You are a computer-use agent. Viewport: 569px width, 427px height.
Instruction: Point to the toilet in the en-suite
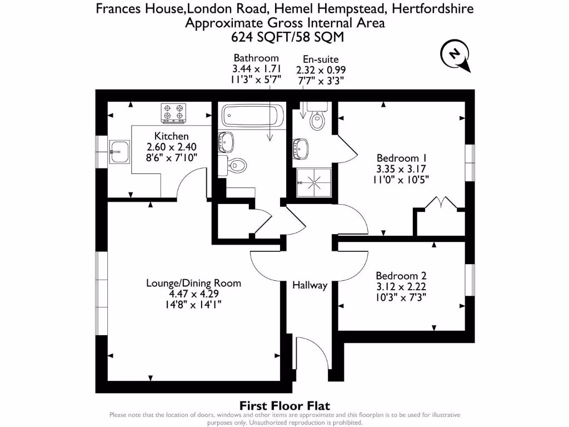click(x=317, y=120)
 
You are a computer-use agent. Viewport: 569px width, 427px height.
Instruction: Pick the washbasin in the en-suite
click(x=302, y=147)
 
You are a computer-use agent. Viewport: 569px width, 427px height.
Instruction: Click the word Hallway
click(x=310, y=285)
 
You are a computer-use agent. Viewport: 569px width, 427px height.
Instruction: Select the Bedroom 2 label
click(x=401, y=276)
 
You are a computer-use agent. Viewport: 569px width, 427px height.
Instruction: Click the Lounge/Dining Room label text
click(x=193, y=283)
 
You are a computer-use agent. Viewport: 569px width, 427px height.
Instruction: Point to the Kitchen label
click(x=171, y=136)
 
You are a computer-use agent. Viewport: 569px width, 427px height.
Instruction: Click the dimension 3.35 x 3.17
click(x=401, y=168)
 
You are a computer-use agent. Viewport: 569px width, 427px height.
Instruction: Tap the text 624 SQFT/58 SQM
click(x=284, y=37)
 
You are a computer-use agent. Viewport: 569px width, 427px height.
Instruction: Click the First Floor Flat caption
click(x=284, y=406)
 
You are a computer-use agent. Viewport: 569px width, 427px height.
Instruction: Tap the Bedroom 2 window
click(x=470, y=278)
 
